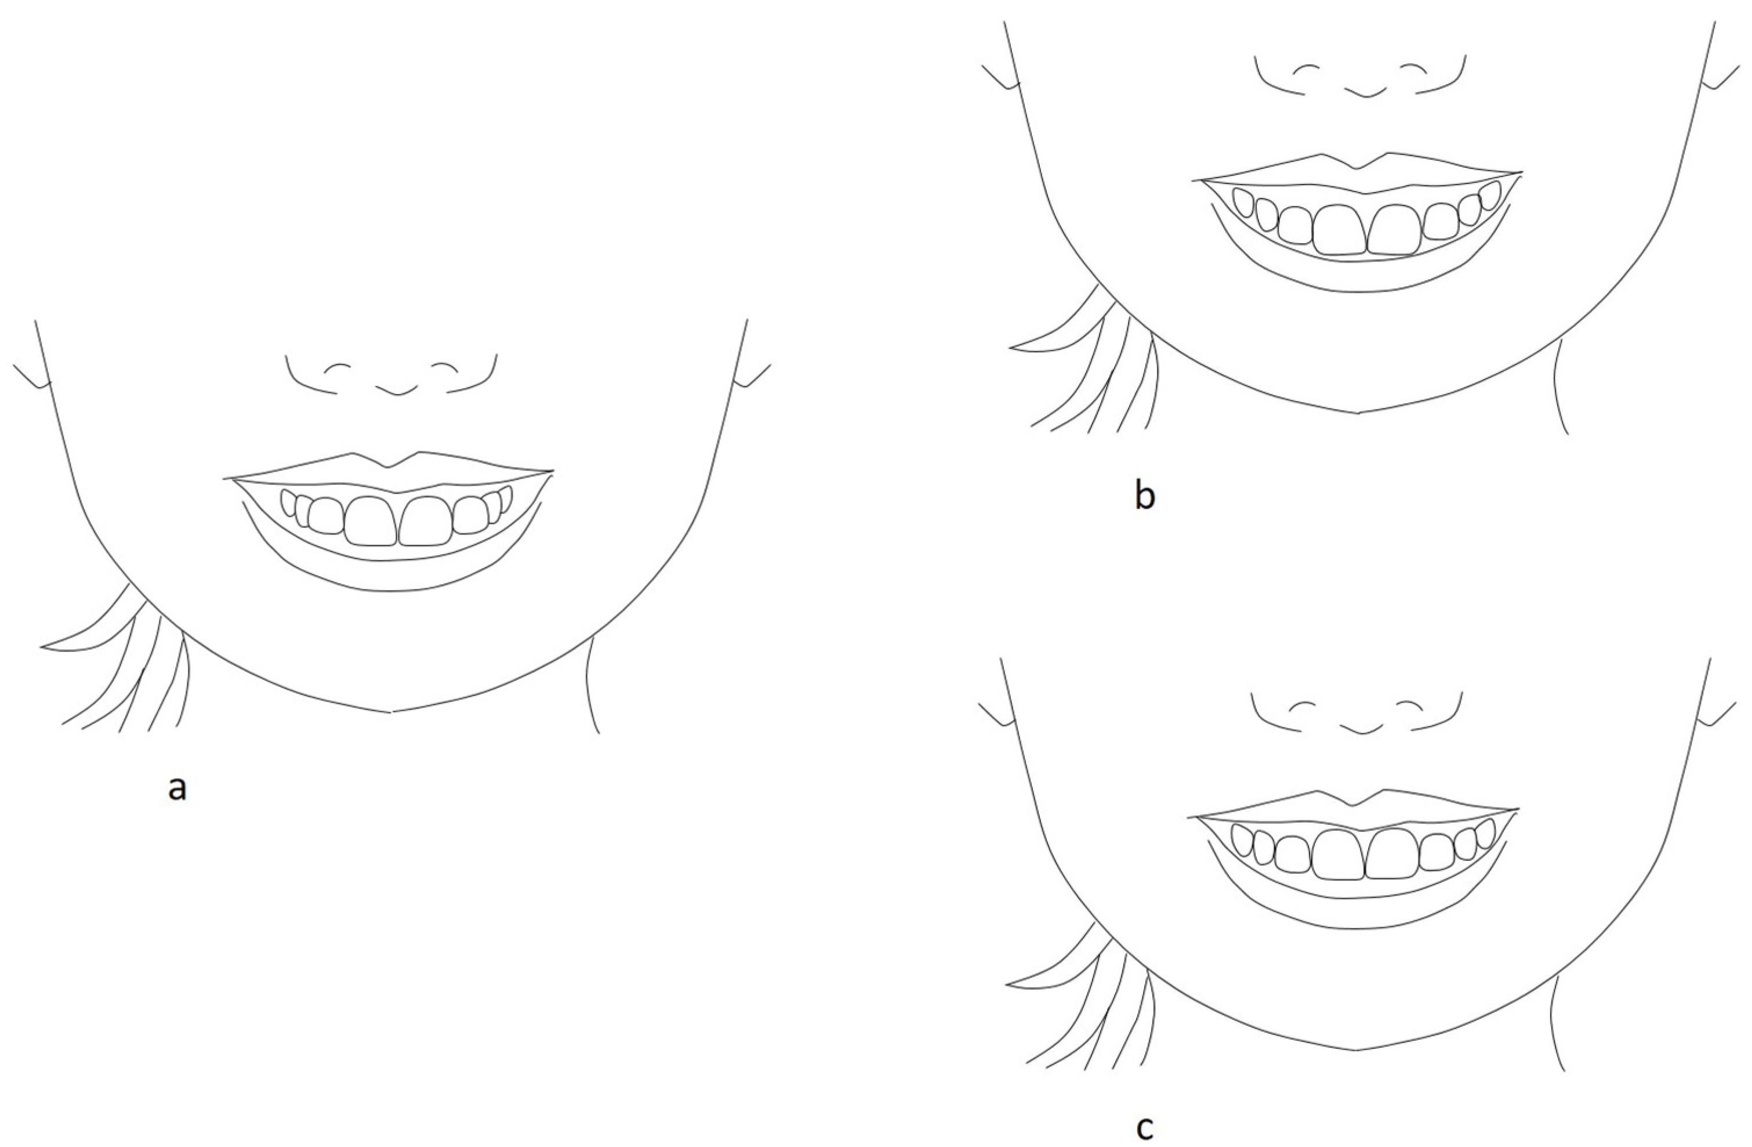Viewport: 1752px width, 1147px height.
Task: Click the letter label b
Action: [x=1145, y=495]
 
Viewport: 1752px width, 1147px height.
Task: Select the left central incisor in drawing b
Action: [x=1340, y=230]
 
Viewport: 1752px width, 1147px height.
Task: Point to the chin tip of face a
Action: [x=391, y=712]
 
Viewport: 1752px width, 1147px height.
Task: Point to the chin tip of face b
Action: [x=1358, y=413]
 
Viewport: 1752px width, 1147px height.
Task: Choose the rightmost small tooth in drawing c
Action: [x=1486, y=832]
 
